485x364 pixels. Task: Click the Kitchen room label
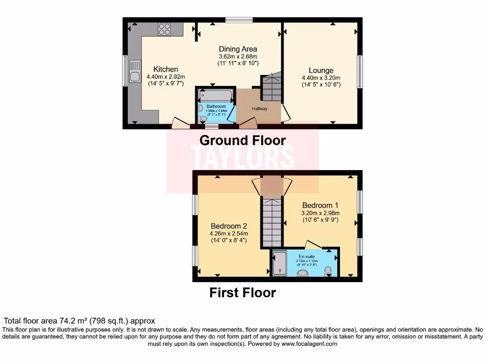[x=165, y=69]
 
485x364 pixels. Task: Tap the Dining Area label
[x=238, y=49]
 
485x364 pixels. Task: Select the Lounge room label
[x=321, y=71]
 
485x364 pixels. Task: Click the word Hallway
[x=260, y=109]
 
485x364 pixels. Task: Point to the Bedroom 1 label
[x=320, y=205]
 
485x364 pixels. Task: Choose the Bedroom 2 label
[x=229, y=226]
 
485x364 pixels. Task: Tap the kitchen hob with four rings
[x=164, y=29]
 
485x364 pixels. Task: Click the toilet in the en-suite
[x=328, y=271]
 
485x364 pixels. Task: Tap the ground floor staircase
[x=271, y=87]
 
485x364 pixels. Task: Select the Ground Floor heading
[x=242, y=140]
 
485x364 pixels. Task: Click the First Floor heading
[x=242, y=292]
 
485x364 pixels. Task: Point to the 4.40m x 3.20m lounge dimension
[x=321, y=78]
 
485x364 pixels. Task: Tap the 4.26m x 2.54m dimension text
[x=229, y=233]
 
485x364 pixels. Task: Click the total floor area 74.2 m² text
[x=80, y=321]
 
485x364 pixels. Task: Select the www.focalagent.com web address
[x=310, y=344]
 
